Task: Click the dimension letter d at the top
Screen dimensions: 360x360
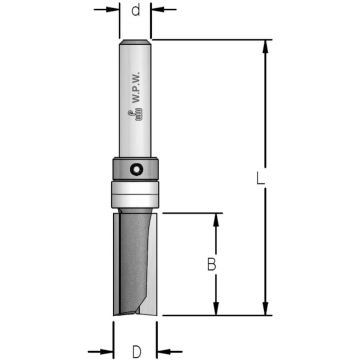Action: (x=135, y=11)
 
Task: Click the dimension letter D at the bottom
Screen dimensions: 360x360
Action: (x=136, y=352)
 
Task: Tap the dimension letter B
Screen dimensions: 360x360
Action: (x=212, y=265)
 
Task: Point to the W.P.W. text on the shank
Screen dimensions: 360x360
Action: (x=136, y=87)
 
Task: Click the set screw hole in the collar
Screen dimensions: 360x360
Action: (x=135, y=169)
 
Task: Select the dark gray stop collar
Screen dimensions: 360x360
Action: (x=135, y=169)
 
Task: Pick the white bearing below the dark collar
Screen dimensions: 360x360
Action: (x=135, y=194)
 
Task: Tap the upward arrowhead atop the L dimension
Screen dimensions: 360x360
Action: (x=265, y=47)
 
